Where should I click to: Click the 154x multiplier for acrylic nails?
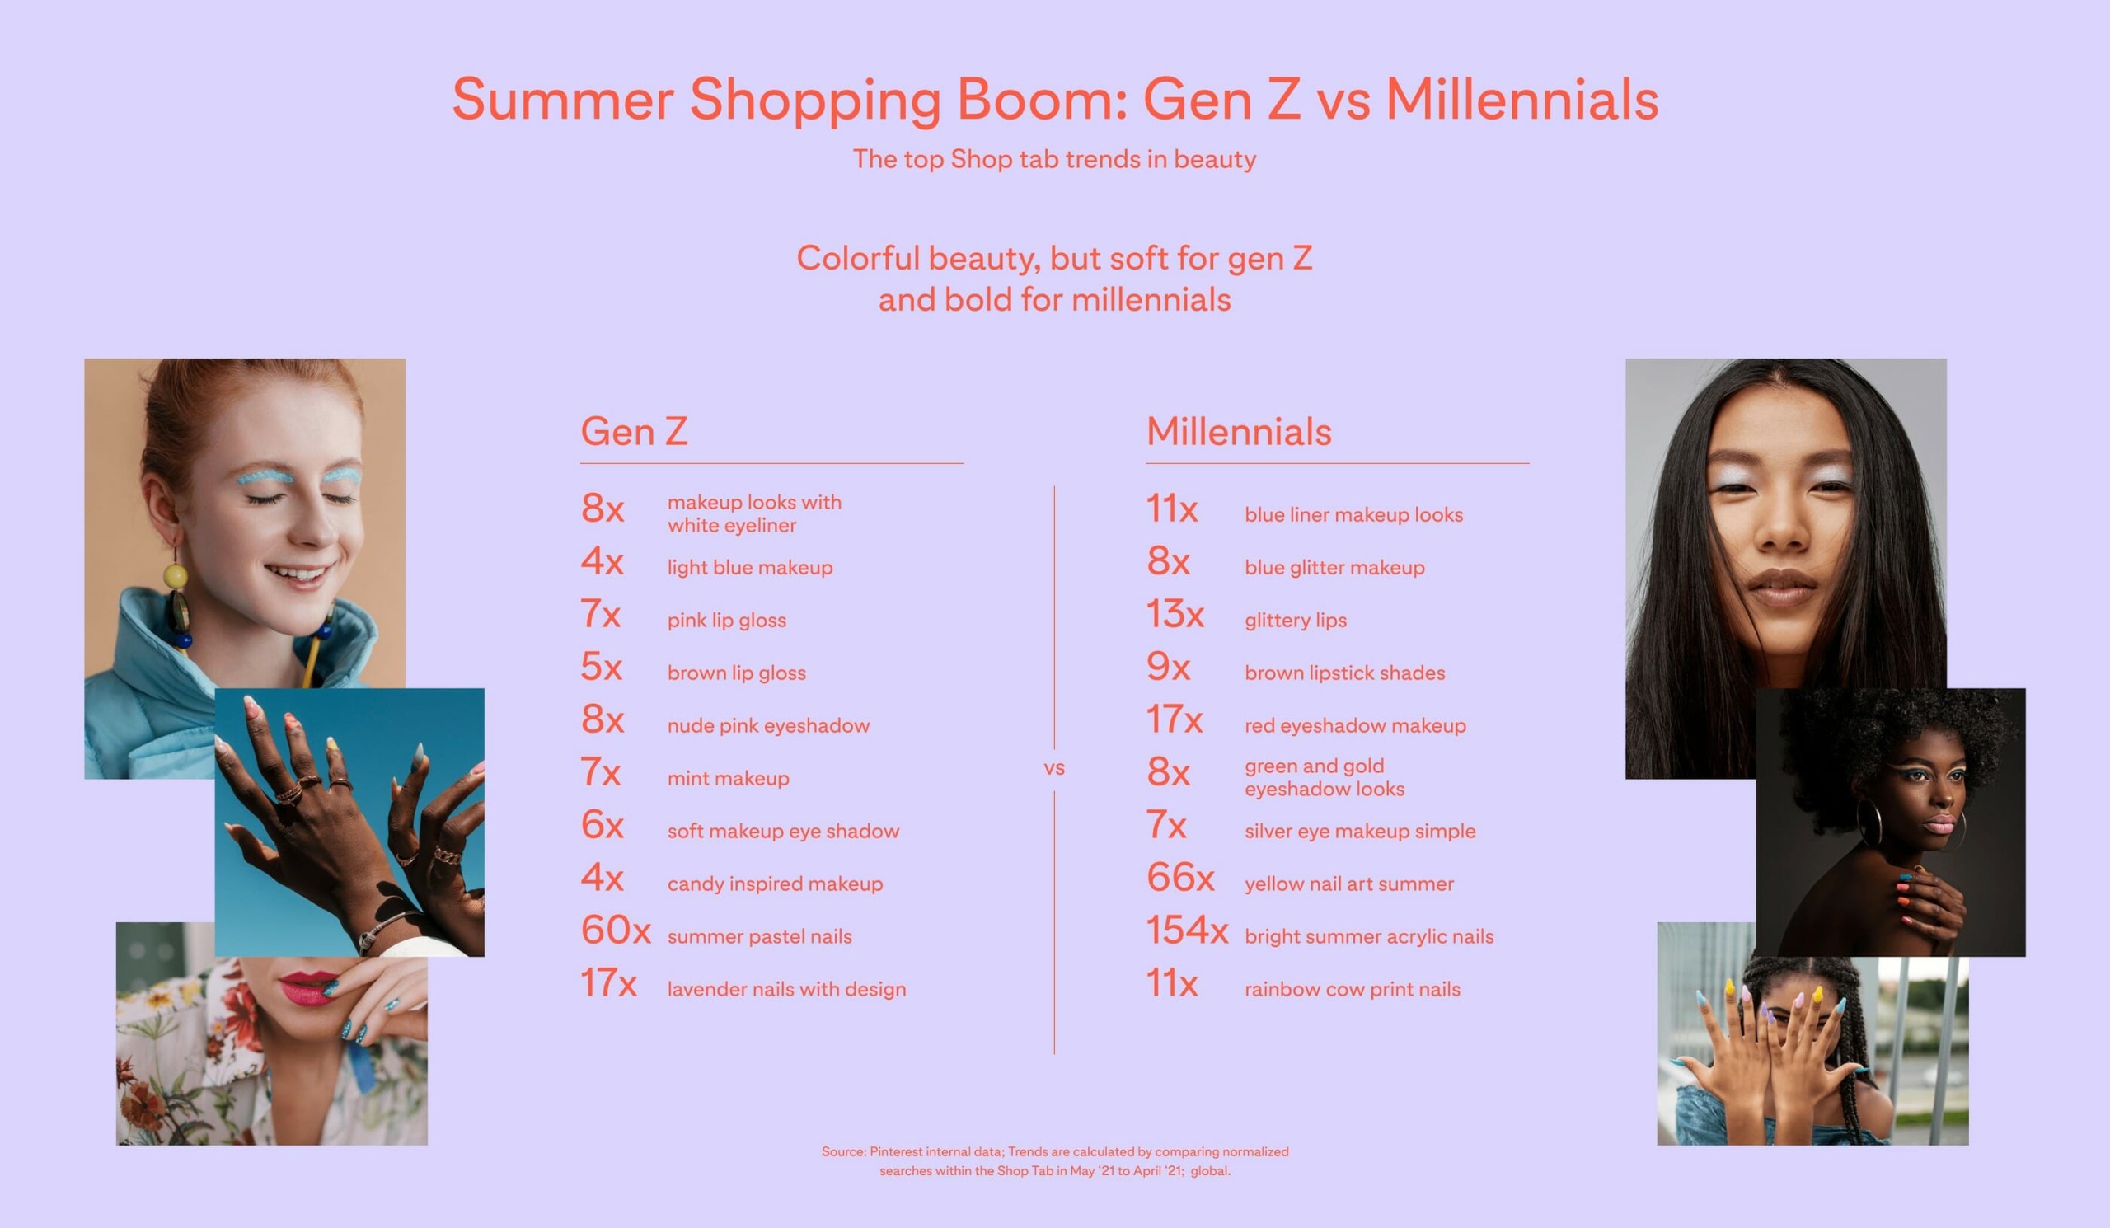(1186, 930)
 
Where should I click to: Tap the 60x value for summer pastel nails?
(616, 930)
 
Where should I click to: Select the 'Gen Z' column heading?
(634, 432)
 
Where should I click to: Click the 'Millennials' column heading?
(1238, 432)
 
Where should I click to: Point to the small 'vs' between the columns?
(1054, 767)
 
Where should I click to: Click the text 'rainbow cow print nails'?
(1353, 990)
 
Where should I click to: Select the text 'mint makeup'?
(728, 779)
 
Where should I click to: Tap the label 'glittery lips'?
(1296, 621)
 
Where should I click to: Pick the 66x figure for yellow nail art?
(1179, 877)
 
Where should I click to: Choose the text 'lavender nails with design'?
(786, 990)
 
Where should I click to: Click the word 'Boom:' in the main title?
(1042, 100)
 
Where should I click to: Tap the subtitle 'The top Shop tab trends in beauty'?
(1054, 159)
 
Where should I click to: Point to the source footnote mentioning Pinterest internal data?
(1054, 1161)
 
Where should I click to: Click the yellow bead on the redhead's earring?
(176, 576)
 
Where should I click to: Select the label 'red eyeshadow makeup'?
(1355, 726)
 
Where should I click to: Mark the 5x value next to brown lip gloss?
(601, 666)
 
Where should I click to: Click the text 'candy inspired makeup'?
(775, 884)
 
